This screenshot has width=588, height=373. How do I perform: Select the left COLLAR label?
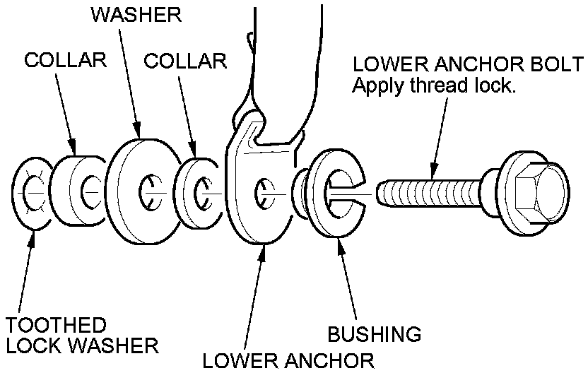(x=65, y=60)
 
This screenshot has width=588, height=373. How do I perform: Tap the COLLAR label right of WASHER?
(x=185, y=61)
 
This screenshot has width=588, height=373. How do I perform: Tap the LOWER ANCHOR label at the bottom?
(x=288, y=361)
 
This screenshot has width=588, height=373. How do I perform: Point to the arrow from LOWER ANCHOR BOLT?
(x=439, y=134)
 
